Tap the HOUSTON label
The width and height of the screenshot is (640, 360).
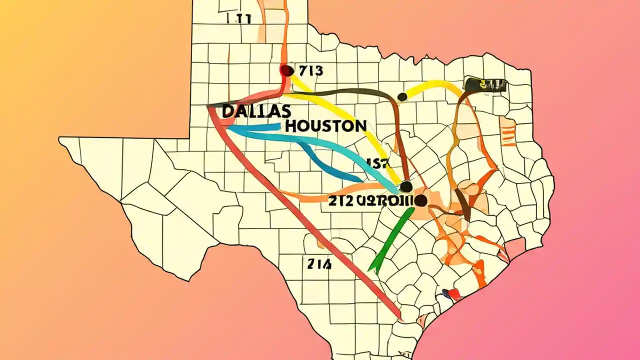point(325,126)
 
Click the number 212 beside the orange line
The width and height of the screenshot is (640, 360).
point(340,201)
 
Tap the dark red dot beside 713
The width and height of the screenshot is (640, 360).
point(287,70)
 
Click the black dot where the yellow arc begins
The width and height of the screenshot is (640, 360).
point(401,96)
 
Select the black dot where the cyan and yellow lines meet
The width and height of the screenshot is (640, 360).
point(406,187)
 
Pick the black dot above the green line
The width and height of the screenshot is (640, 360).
point(420,201)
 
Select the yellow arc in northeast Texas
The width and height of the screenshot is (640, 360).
point(435,86)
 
